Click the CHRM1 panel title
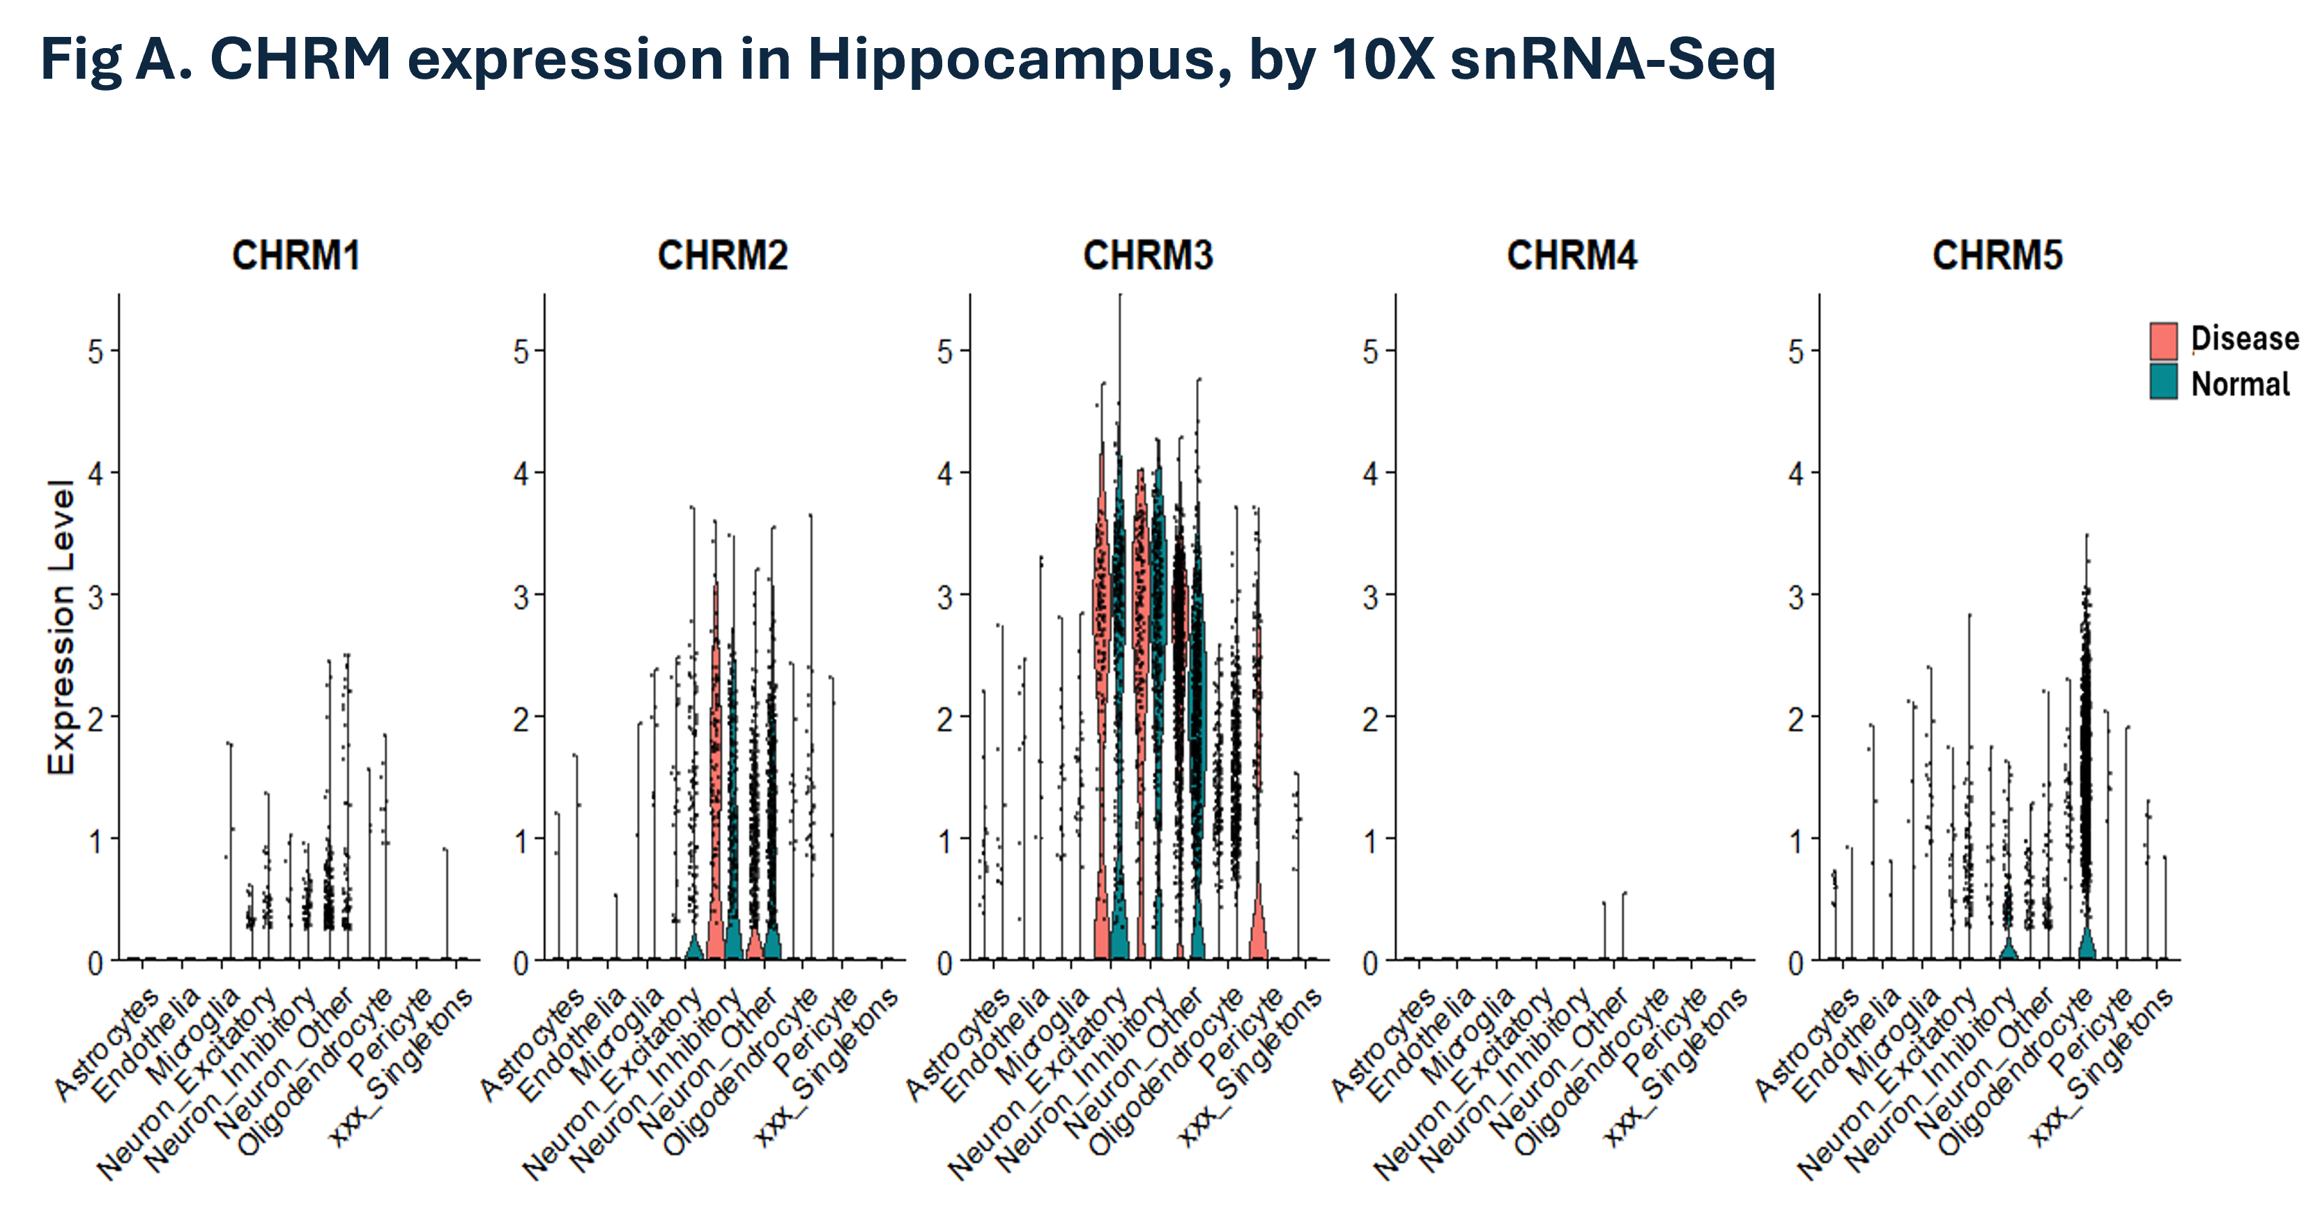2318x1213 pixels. [296, 256]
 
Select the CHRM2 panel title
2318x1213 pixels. [723, 256]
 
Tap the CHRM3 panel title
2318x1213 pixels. [1149, 256]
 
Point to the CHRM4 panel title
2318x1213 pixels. [1572, 256]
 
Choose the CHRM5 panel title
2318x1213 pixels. [1997, 256]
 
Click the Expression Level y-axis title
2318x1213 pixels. [61, 627]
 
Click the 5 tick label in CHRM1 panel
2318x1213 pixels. [95, 352]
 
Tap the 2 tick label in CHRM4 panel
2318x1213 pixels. [1370, 720]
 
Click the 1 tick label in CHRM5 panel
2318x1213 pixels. [1796, 842]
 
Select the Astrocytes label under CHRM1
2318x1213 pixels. [106, 1044]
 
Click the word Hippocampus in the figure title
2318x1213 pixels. [1018, 59]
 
